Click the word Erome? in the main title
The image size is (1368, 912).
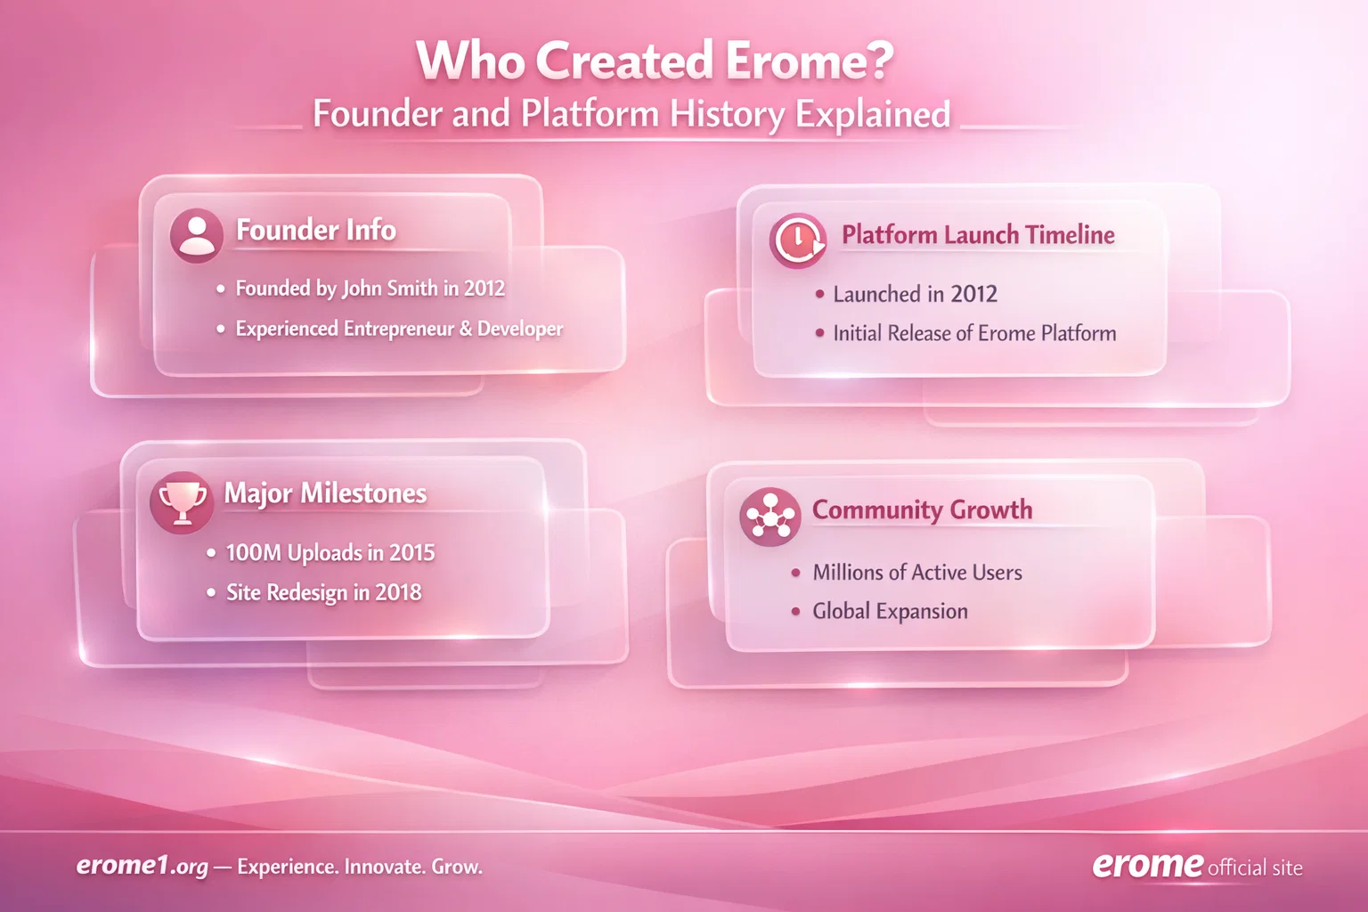(809, 61)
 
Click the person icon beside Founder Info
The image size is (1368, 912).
(196, 235)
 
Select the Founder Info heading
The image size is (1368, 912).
(315, 230)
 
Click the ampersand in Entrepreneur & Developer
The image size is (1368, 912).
(466, 329)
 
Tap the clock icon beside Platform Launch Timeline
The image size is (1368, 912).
(797, 240)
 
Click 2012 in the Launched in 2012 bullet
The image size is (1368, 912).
(973, 294)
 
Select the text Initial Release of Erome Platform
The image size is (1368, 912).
(973, 333)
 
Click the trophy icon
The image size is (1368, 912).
(182, 501)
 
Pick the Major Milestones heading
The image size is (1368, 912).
(325, 493)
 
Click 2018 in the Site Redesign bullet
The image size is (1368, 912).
(398, 592)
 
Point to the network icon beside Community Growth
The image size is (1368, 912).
(769, 517)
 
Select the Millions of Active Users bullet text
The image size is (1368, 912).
(916, 573)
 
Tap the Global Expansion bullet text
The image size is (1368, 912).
(889, 611)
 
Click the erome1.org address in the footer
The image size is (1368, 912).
(142, 866)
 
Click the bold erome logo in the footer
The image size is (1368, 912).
(1147, 864)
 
